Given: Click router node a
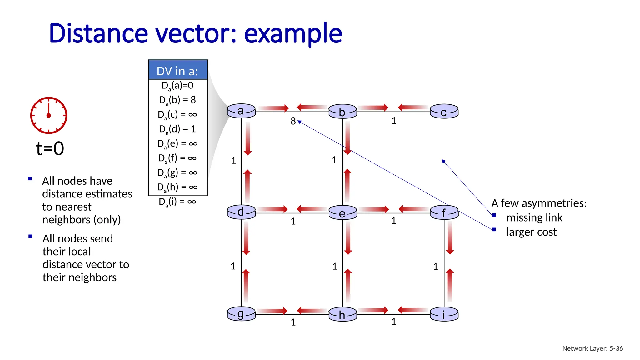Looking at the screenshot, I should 241,111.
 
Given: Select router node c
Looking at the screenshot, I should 444,112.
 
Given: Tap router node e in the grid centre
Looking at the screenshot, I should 343,213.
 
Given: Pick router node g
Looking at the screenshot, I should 241,314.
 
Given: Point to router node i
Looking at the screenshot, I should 444,314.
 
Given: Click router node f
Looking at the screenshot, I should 444,213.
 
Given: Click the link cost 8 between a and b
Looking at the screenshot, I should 293,121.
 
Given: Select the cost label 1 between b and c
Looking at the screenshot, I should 394,121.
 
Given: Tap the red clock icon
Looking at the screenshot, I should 49,115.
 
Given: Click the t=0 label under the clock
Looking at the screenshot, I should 50,148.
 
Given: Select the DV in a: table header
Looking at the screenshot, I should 178,71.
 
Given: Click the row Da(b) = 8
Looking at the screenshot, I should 177,100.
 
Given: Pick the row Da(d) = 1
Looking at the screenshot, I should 177,129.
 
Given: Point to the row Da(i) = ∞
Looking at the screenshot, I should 177,202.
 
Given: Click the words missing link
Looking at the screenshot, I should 534,217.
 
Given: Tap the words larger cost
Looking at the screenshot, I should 531,232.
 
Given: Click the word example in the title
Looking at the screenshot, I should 293,34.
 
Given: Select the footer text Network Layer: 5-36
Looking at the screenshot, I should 592,348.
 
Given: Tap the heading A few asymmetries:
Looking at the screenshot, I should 539,203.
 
